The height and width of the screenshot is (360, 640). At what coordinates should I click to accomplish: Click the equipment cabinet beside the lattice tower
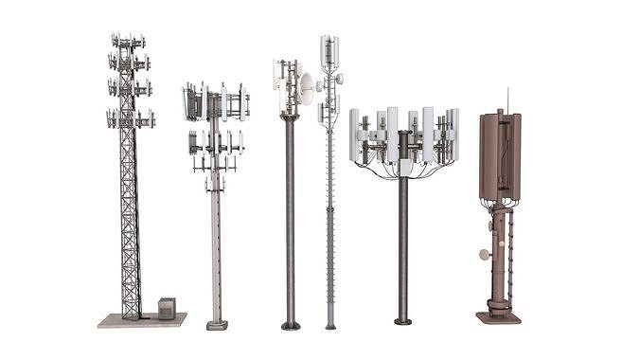coord(167,308)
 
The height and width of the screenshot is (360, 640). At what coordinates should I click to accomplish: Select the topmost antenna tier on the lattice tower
coord(129,42)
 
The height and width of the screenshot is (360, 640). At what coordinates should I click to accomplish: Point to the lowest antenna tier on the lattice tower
coord(130,118)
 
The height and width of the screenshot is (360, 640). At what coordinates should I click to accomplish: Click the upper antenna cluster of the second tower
coord(215,101)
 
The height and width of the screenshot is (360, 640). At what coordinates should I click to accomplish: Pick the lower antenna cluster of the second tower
coord(215,143)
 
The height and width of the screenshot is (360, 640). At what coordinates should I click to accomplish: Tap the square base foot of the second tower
coord(217,325)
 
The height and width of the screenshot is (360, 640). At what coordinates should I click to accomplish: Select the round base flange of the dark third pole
coord(291,326)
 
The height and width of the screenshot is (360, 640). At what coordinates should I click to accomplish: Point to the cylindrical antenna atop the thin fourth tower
coord(329,51)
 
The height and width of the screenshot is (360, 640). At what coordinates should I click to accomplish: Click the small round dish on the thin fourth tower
coord(339,79)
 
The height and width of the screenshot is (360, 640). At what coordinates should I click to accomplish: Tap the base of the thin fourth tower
coord(330,325)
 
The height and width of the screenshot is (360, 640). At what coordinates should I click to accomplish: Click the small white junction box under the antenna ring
coord(404,168)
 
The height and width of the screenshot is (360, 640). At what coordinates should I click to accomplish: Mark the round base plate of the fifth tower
coord(402,322)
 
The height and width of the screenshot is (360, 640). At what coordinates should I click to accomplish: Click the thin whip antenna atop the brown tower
coord(507,99)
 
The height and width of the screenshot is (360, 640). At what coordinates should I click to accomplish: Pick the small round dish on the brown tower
coord(484,255)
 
